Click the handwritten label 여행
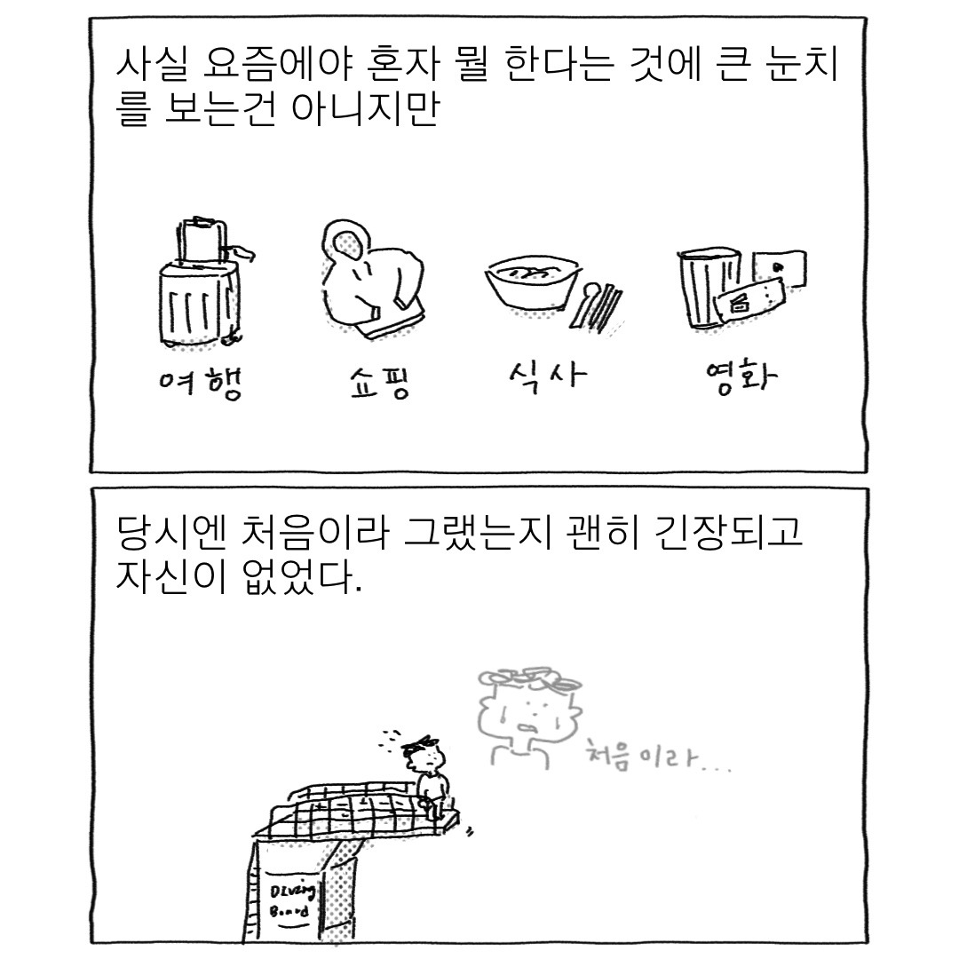(x=196, y=384)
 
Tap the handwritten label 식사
(x=543, y=379)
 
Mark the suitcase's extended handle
(x=201, y=238)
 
